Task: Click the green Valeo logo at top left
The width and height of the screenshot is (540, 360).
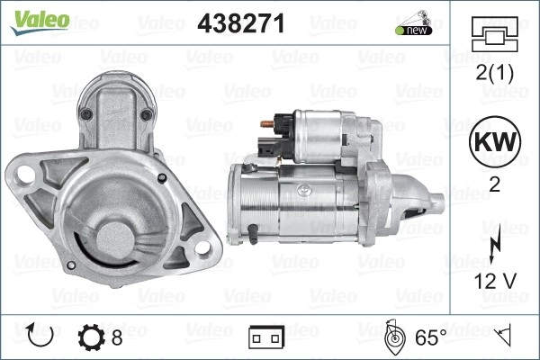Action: coord(40,22)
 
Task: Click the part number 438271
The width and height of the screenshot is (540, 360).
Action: coord(241,23)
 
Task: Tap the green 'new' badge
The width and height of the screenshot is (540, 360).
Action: coord(413,31)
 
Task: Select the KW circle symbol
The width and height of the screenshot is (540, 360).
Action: coord(495,141)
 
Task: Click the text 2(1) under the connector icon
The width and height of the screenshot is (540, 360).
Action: coord(494,72)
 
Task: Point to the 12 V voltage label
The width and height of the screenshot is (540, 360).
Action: coord(495,281)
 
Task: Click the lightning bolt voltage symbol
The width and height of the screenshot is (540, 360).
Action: coord(496,243)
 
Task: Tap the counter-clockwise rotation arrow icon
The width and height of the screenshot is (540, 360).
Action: coord(40,335)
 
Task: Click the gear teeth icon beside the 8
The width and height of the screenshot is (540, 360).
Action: coord(91,337)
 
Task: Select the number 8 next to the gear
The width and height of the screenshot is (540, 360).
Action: coord(117,337)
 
